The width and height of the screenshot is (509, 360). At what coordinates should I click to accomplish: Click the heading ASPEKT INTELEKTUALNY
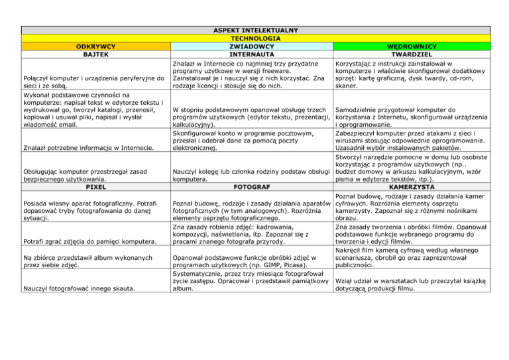click(x=254, y=30)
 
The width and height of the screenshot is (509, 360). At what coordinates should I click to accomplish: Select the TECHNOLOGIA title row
click(x=254, y=38)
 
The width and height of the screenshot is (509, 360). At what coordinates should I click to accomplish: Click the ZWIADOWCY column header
click(x=251, y=46)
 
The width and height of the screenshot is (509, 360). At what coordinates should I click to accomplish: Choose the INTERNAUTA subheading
click(x=251, y=54)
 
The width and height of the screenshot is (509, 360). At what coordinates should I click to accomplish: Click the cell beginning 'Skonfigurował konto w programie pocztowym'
click(x=251, y=142)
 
